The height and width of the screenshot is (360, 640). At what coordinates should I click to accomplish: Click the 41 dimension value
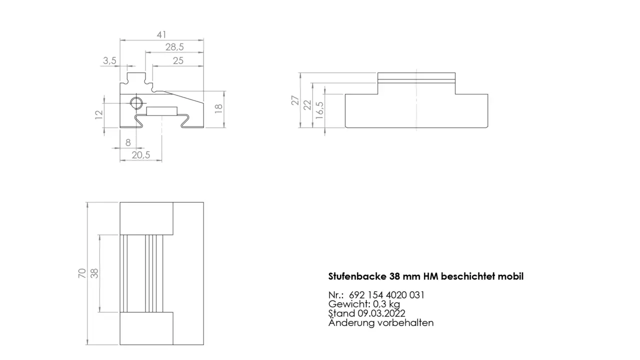[161, 35]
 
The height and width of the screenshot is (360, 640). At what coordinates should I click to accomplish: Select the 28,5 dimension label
[174, 47]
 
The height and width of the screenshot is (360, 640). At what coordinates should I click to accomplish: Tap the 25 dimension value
[178, 60]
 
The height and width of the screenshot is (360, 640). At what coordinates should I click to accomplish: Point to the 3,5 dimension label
[109, 60]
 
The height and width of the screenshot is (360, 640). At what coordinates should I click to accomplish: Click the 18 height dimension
[218, 109]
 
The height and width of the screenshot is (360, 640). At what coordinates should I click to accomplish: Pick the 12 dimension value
[98, 114]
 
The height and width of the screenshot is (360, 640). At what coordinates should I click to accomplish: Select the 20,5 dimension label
[140, 155]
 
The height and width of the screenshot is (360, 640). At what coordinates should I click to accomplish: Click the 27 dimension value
[295, 100]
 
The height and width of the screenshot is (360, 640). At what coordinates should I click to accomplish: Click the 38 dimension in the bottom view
[94, 273]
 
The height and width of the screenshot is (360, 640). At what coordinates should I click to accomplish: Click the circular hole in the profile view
[136, 103]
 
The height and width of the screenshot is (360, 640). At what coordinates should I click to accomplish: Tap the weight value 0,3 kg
[386, 304]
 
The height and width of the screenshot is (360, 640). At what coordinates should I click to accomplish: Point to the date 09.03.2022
[381, 313]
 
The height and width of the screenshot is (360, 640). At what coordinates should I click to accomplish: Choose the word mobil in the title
[510, 276]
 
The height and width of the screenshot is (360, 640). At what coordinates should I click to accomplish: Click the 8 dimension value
[128, 142]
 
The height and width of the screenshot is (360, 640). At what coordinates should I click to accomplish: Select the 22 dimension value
[307, 104]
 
